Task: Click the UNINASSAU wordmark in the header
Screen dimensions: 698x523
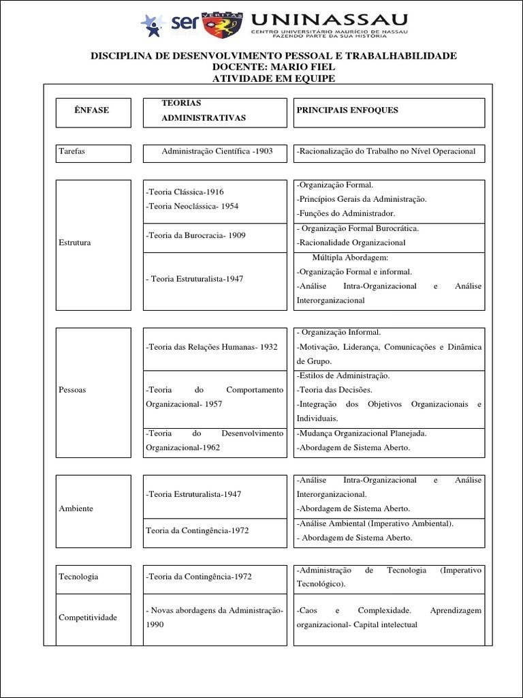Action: click(x=330, y=19)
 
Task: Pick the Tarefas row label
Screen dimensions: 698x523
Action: click(x=72, y=151)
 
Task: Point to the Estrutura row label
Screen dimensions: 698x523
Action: click(x=75, y=243)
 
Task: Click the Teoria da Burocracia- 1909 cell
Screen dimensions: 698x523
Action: click(x=196, y=236)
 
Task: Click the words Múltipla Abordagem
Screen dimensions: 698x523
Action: click(x=350, y=258)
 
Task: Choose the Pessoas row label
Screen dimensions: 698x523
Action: click(x=73, y=390)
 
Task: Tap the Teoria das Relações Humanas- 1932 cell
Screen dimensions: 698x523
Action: click(x=212, y=347)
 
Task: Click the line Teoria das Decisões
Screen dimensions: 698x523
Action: click(x=334, y=390)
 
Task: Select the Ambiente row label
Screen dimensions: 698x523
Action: click(x=76, y=509)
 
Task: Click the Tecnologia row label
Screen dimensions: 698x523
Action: click(x=78, y=577)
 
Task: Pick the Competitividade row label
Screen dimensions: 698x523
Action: click(x=88, y=618)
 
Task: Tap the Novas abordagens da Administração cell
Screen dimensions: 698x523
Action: click(x=215, y=610)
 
